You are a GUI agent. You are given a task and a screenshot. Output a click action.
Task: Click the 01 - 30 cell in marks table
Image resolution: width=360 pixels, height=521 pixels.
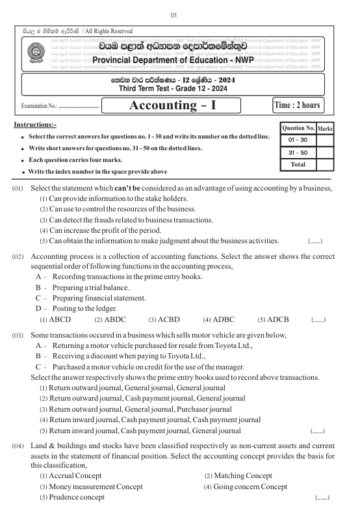click(x=297, y=140)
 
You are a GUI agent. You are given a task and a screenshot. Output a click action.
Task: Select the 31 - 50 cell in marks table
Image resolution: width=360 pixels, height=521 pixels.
click(x=297, y=152)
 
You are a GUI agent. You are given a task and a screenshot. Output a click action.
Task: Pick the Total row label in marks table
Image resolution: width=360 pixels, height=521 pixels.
click(x=297, y=165)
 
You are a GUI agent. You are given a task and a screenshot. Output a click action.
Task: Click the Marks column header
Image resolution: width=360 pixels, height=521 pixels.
click(x=325, y=129)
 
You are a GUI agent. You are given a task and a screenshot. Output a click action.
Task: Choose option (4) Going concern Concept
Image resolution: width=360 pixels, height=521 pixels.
click(x=245, y=487)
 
